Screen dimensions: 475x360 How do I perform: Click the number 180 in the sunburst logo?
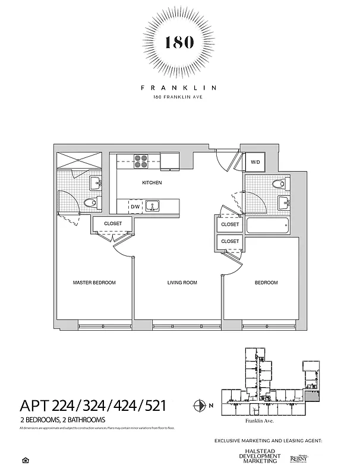(x=179, y=43)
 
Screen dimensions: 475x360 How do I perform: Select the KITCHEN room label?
(x=151, y=183)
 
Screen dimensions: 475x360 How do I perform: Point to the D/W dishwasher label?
(x=135, y=207)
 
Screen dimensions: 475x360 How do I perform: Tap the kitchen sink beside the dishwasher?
(x=153, y=206)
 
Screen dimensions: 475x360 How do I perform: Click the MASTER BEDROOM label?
(x=94, y=283)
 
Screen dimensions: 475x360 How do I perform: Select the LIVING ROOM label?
(x=182, y=283)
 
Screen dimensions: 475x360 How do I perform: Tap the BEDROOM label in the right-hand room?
(x=266, y=283)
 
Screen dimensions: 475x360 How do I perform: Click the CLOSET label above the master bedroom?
(x=113, y=224)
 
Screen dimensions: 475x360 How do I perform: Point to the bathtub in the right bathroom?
(x=267, y=226)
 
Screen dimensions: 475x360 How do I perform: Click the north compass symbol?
(x=200, y=406)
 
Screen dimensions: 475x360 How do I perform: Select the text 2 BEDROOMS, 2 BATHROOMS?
(x=63, y=420)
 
